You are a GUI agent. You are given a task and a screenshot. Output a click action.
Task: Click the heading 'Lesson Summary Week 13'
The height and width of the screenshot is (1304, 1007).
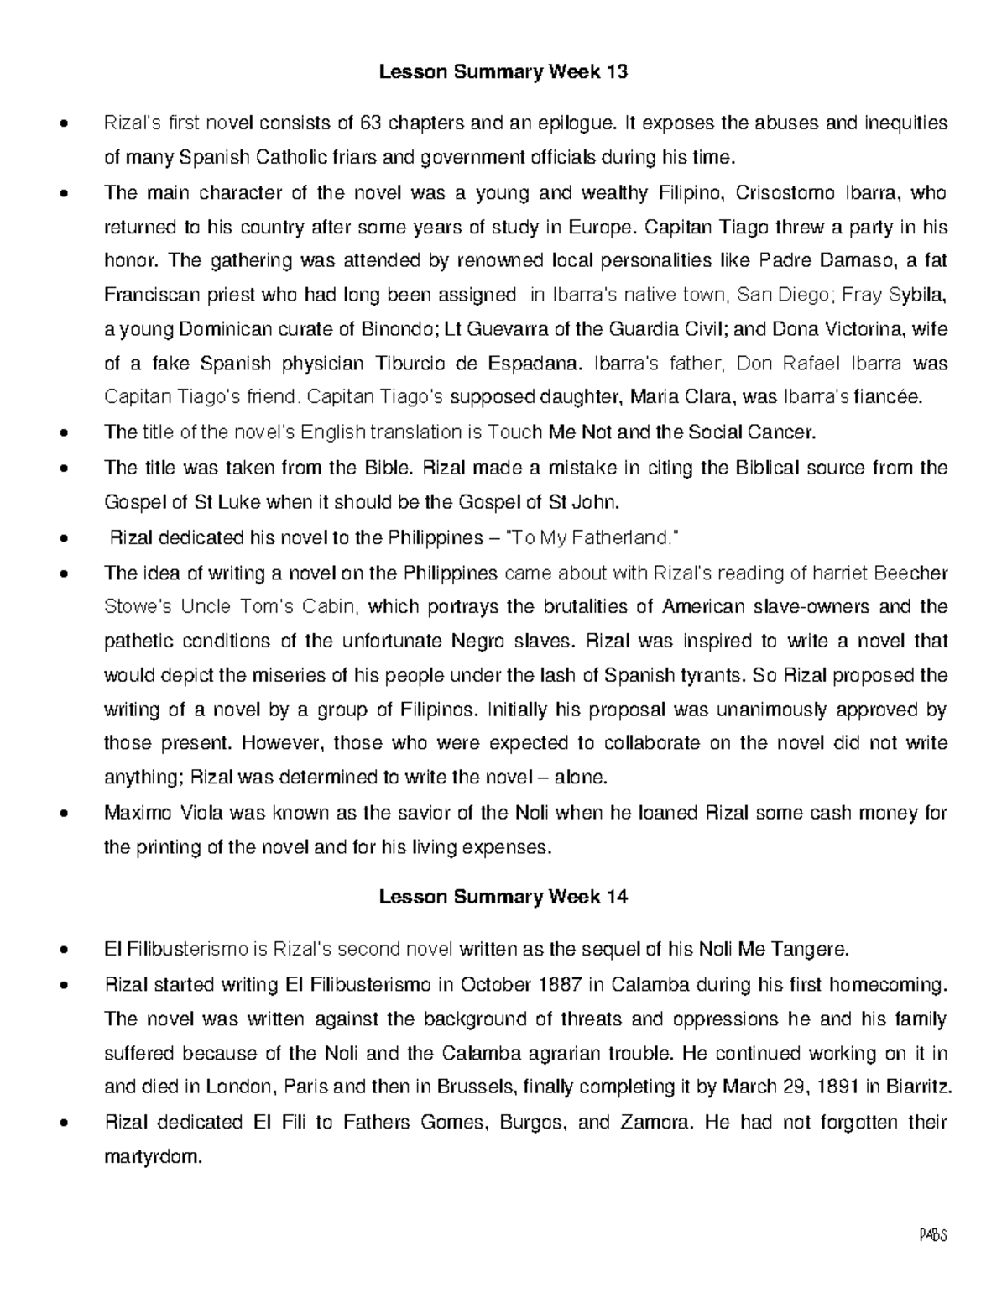[503, 72]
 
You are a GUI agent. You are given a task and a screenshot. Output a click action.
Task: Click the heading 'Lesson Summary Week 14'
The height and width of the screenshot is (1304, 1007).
[503, 897]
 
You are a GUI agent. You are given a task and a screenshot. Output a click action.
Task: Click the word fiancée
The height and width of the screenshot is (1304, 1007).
[887, 398]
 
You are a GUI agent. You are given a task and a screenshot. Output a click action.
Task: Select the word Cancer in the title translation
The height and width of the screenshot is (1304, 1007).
[786, 432]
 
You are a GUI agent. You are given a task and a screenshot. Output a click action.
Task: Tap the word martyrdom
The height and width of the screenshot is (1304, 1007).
[153, 1157]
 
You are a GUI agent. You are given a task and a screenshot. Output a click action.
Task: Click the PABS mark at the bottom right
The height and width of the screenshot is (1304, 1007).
[933, 1236]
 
